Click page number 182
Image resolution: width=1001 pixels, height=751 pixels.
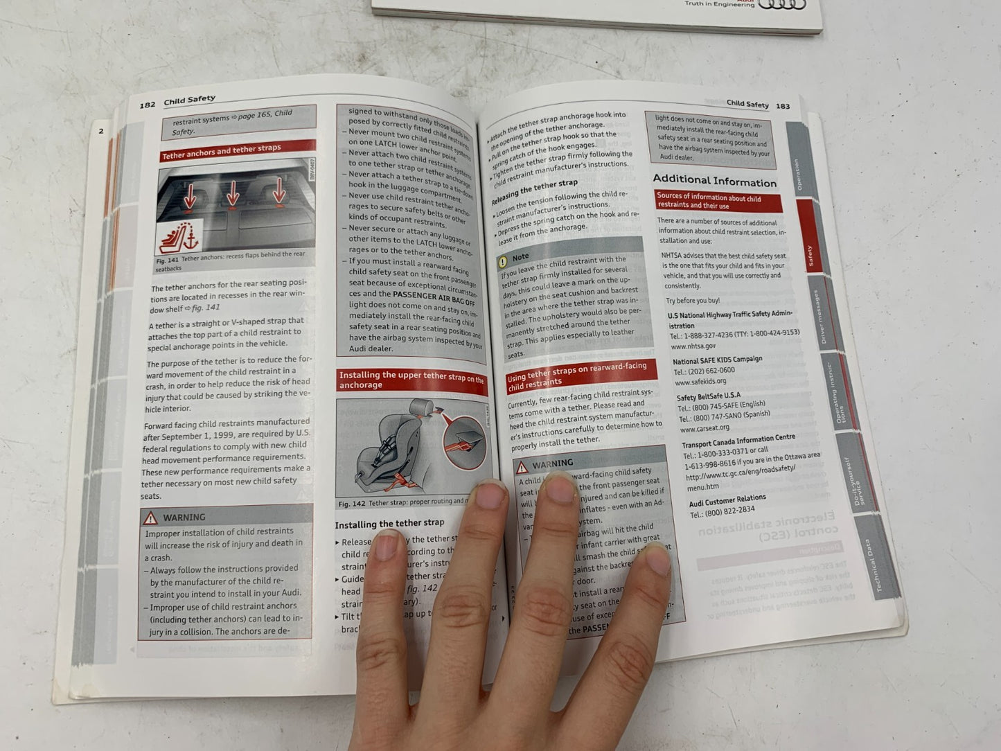tap(148, 105)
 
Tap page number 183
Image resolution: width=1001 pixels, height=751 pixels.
tap(783, 106)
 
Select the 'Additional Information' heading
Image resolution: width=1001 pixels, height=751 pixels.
tap(714, 181)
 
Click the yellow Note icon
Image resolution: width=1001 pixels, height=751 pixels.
tap(502, 261)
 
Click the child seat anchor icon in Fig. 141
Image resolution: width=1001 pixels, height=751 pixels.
tap(179, 238)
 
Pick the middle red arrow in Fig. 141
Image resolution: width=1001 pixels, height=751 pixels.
tap(233, 194)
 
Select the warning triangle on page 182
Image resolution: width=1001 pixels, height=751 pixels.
tap(150, 518)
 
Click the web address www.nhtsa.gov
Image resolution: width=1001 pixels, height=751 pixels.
tap(693, 346)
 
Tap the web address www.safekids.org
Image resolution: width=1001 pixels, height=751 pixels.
tap(700, 381)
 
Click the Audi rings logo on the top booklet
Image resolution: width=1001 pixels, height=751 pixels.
tap(783, 6)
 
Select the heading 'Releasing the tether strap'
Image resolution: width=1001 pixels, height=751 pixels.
tap(534, 192)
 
